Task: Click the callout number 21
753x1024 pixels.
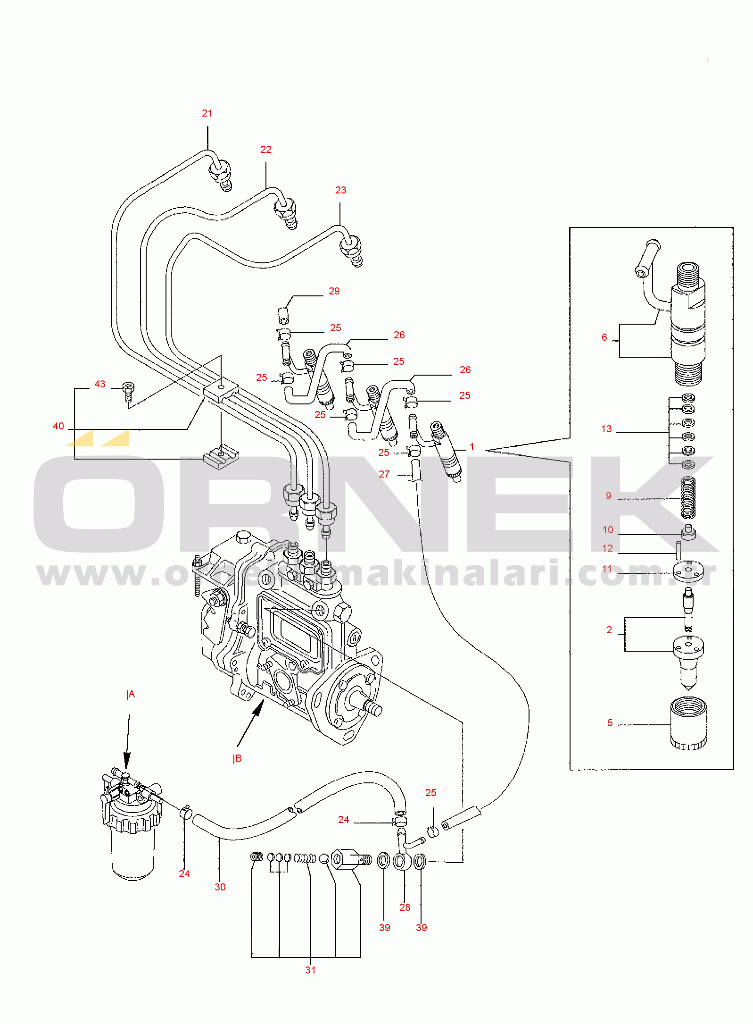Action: (207, 113)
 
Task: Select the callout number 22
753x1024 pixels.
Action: (266, 150)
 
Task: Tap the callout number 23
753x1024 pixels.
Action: (340, 190)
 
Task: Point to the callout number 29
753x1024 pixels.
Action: (334, 291)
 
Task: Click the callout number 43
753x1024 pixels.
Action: (100, 384)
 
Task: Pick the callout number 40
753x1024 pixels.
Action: (58, 426)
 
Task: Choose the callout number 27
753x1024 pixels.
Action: (384, 474)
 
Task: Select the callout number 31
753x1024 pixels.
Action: (310, 970)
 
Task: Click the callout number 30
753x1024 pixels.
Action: (220, 887)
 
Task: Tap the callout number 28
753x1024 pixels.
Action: (405, 907)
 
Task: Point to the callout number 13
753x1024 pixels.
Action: (606, 429)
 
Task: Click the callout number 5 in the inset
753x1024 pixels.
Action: (610, 723)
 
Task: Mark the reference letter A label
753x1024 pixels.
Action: (131, 694)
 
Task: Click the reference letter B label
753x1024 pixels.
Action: (237, 758)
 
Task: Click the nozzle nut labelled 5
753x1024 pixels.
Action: (688, 724)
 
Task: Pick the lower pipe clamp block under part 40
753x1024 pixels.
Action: (221, 457)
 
